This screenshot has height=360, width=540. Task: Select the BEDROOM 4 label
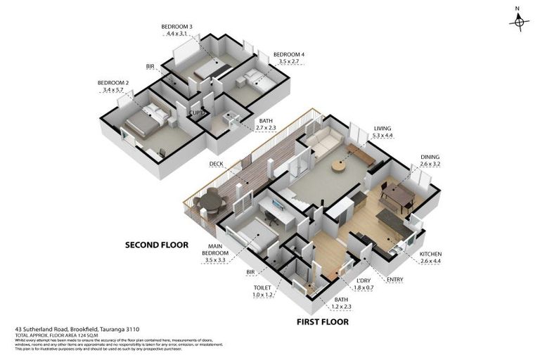[289, 55]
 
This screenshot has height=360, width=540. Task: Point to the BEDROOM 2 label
[112, 83]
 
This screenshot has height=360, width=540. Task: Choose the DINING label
[430, 157]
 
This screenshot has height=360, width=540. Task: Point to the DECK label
[216, 164]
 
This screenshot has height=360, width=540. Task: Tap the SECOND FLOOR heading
[157, 245]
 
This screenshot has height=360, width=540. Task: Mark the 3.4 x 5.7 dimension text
[112, 90]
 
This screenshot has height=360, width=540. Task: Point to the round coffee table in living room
[340, 167]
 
